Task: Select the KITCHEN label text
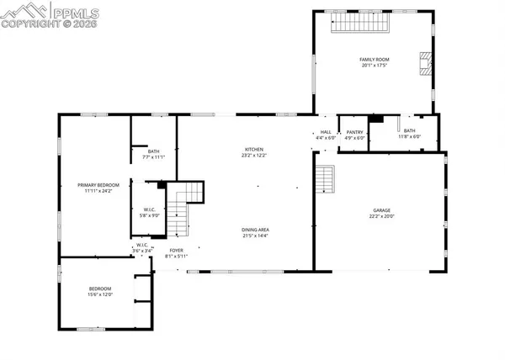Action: coord(254,150)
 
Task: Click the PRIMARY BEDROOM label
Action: coord(98,185)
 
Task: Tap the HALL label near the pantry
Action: coord(326,132)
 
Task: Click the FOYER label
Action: coord(176,250)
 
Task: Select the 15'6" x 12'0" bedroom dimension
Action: coord(100,295)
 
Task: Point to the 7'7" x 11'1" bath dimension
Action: coord(153,156)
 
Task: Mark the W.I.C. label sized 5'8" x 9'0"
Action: coord(149,209)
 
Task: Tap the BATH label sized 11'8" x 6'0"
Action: coord(409,131)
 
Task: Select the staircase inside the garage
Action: coord(325,178)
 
